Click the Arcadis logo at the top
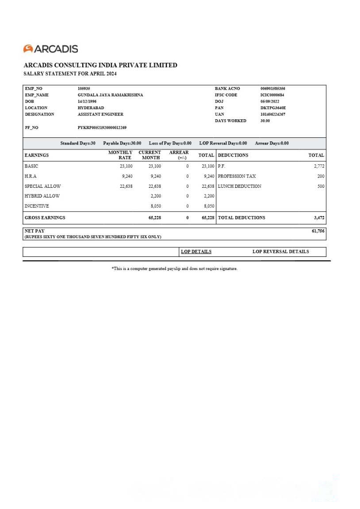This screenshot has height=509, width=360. (50, 49)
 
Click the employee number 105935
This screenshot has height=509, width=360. (84, 88)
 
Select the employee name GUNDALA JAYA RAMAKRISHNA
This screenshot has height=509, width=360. (110, 95)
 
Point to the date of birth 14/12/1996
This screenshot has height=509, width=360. (87, 101)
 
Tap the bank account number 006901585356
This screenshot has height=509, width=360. (272, 88)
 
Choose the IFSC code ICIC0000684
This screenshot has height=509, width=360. (272, 95)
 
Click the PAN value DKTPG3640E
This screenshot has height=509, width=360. (273, 108)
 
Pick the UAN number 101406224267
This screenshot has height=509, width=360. (272, 114)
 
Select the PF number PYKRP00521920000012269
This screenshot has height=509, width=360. (102, 128)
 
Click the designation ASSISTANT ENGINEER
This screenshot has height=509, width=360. (100, 114)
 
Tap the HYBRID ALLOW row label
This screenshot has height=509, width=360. (42, 196)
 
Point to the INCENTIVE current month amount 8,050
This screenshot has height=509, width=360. (156, 206)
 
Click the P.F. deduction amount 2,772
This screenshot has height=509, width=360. (319, 166)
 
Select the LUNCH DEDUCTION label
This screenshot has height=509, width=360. (239, 186)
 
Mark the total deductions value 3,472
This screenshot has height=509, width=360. (319, 217)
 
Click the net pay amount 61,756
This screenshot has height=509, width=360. (318, 231)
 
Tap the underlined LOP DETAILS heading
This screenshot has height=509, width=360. (196, 251)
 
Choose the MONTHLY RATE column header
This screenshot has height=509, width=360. (120, 155)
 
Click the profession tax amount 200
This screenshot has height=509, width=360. (321, 176)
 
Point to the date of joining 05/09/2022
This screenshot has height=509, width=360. (270, 101)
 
